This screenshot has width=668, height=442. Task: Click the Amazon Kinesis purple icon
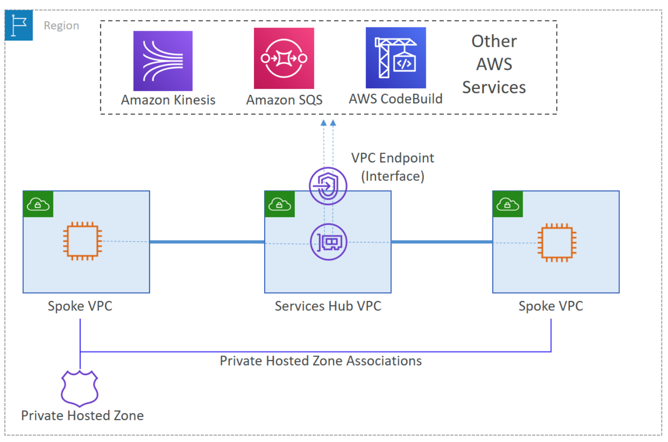click(163, 61)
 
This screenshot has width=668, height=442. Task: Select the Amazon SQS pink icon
click(284, 58)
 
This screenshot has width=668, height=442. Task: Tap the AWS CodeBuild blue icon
click(395, 58)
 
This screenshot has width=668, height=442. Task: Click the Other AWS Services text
click(494, 64)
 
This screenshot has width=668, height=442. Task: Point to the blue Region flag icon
click(19, 25)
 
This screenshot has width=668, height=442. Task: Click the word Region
click(61, 26)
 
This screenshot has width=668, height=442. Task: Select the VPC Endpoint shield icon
click(328, 186)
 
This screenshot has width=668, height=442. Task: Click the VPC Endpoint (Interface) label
click(392, 167)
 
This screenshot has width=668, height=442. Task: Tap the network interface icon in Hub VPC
click(328, 242)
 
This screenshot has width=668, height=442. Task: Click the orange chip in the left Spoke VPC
click(82, 241)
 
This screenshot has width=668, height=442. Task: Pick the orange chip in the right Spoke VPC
click(557, 242)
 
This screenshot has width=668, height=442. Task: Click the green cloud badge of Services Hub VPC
click(279, 204)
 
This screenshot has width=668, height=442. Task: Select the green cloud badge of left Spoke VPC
click(38, 204)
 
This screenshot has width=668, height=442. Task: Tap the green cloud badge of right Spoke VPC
click(508, 204)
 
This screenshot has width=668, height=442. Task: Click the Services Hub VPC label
click(327, 306)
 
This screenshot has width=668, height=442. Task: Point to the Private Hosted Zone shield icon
click(80, 388)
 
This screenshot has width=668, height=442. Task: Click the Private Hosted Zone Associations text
click(320, 361)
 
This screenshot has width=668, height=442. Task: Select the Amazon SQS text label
click(284, 100)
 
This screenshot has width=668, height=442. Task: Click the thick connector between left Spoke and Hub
click(207, 242)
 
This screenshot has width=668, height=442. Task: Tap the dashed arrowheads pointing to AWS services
click(328, 123)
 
